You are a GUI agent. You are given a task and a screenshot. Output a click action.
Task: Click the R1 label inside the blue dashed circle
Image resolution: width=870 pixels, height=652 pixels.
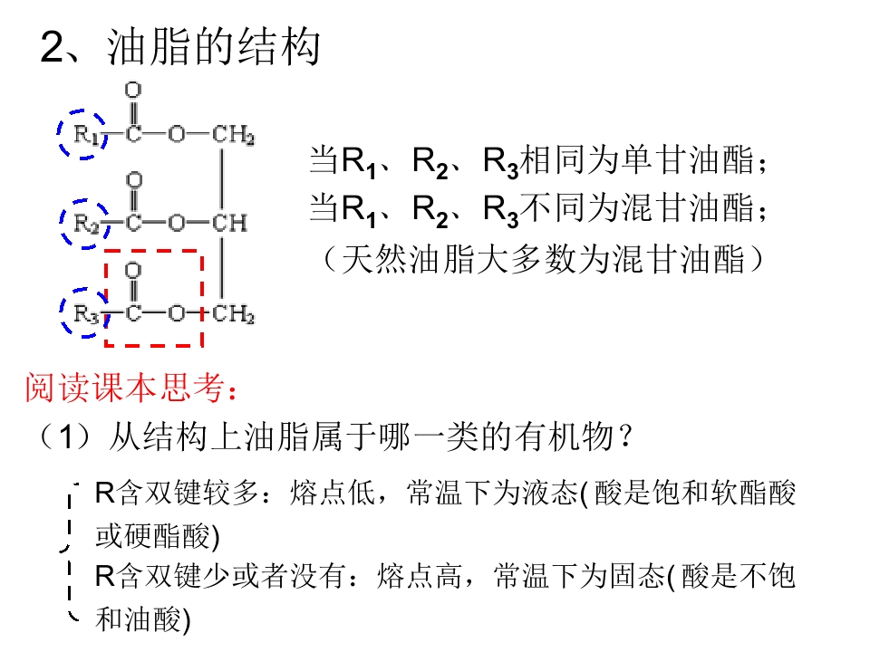(86, 134)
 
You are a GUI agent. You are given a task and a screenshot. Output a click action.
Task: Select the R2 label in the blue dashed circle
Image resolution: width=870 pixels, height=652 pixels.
(87, 224)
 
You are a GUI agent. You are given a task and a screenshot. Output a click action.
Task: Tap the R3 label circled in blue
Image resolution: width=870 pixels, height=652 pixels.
(87, 314)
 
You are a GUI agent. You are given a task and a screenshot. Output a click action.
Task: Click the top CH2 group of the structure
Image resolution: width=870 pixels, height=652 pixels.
(233, 135)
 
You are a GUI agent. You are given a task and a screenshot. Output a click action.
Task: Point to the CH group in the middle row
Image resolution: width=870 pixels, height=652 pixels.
(229, 223)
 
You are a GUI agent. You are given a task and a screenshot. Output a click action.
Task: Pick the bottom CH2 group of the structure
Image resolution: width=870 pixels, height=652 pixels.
(233, 314)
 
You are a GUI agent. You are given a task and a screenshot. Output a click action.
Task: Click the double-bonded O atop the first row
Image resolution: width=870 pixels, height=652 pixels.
(133, 90)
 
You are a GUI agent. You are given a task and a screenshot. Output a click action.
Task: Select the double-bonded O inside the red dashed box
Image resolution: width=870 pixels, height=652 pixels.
(133, 270)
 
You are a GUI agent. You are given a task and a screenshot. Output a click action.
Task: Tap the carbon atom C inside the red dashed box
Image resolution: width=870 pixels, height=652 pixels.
(133, 314)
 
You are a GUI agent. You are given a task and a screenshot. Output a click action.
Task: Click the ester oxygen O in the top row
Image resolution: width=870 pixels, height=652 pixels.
(177, 134)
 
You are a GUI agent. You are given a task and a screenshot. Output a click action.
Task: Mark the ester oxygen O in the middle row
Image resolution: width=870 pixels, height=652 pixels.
(177, 223)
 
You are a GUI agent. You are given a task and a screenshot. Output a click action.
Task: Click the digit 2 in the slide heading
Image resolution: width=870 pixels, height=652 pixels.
(53, 47)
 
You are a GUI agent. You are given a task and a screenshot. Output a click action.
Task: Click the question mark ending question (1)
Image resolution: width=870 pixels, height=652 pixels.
(626, 436)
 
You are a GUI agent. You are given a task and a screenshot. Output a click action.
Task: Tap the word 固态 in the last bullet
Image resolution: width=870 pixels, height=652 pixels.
(637, 576)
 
